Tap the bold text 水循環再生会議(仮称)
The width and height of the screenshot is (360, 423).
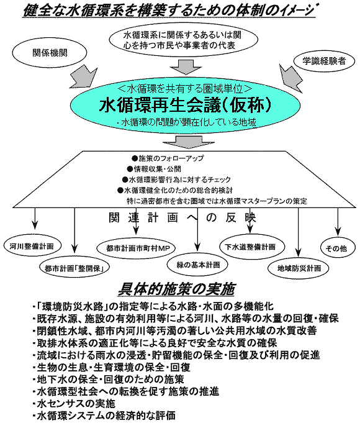point(186,105)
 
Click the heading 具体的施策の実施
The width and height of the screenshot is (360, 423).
point(176,289)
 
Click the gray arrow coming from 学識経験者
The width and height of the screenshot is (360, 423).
point(290,78)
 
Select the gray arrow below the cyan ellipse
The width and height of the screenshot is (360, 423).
point(188,142)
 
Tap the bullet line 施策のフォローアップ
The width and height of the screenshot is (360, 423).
point(168,158)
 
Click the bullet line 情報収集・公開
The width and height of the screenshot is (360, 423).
point(155,169)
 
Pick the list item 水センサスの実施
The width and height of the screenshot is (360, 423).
point(74,404)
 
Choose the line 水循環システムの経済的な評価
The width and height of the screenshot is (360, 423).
point(104,416)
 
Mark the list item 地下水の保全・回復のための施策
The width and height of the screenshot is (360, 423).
point(109,380)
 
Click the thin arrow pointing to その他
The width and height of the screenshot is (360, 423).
point(338,222)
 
